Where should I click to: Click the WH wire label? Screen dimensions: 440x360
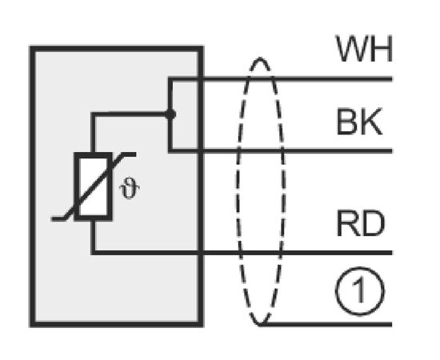(364, 49)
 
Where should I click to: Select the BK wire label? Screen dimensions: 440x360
(359, 122)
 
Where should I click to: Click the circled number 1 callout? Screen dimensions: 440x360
(360, 290)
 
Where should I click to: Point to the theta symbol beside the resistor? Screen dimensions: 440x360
(130, 188)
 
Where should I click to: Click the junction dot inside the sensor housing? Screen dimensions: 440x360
(170, 114)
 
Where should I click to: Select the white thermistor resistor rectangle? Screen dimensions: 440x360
(94, 186)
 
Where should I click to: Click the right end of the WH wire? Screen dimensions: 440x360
(392, 79)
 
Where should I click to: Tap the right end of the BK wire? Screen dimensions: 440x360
(392, 151)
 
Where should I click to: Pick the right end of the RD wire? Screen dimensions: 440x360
(392, 253)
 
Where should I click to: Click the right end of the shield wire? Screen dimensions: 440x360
(392, 324)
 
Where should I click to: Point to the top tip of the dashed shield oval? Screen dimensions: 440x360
(260, 58)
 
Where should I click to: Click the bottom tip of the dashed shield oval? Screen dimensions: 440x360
(260, 325)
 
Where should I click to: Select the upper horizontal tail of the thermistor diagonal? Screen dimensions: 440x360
(129, 154)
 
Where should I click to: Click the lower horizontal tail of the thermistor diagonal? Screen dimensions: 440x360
(58, 219)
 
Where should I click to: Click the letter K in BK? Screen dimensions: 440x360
(371, 122)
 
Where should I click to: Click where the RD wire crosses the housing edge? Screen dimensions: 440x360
(200, 253)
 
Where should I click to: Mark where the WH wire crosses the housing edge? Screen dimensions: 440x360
(200, 79)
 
